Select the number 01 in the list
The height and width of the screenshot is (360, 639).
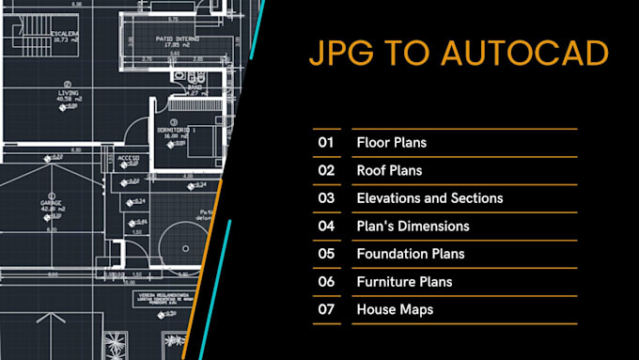(326, 143)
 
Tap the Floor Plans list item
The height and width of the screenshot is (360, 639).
(391, 143)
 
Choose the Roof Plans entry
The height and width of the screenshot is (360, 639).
(389, 171)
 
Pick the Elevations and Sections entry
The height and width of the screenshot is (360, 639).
(429, 198)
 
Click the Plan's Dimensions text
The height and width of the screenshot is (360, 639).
(413, 226)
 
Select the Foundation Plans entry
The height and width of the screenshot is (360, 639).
(411, 254)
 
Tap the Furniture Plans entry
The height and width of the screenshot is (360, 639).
(404, 281)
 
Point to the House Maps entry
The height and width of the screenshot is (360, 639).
(395, 309)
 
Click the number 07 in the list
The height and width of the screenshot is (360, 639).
(326, 309)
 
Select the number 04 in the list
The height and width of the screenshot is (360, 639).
(326, 226)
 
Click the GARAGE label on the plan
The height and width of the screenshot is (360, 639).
(51, 202)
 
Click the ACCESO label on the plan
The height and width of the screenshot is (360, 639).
(128, 158)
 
